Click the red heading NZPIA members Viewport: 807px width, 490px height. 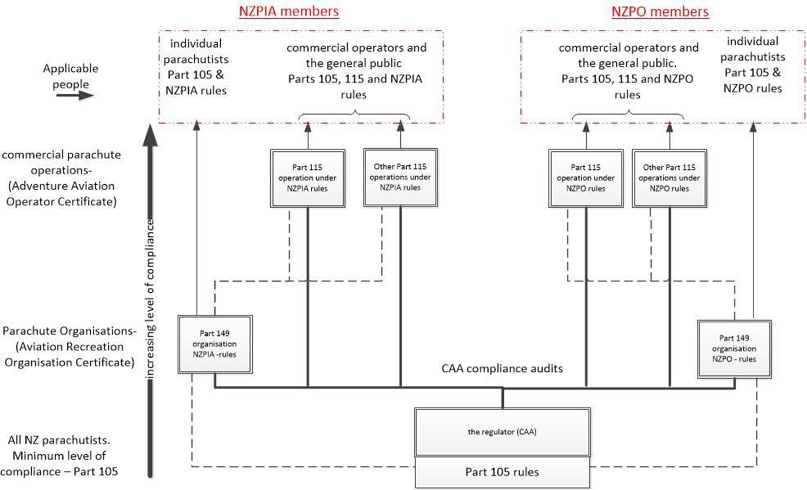(289, 11)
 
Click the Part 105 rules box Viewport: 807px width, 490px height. (502, 472)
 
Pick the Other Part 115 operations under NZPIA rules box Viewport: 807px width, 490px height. (400, 176)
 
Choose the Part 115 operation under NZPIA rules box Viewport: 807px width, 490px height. (307, 176)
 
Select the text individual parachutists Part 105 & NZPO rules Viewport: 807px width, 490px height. (752, 65)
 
